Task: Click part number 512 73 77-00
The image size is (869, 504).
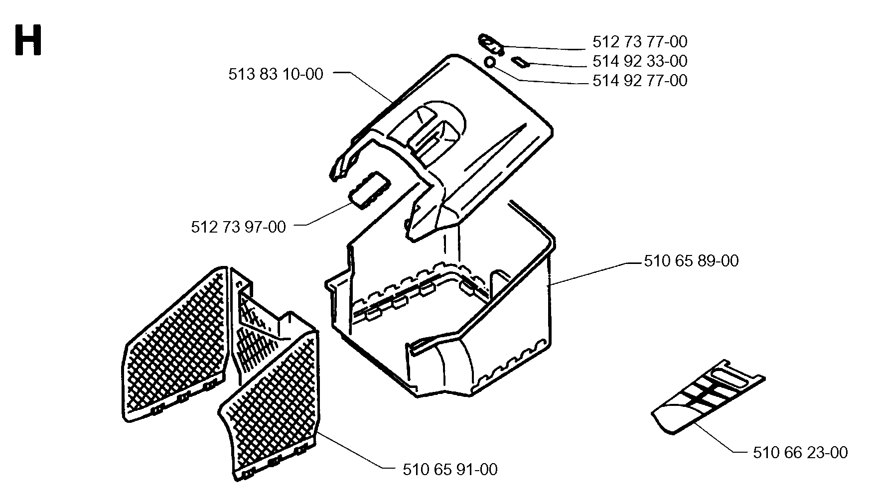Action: [x=640, y=41]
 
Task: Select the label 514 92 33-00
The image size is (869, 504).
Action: [x=640, y=61]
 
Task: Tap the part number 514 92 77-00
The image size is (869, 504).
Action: [x=640, y=81]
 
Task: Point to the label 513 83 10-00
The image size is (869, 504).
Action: [x=276, y=74]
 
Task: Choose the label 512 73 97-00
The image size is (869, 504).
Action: [x=239, y=227]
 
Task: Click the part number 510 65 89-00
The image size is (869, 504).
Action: [x=691, y=261]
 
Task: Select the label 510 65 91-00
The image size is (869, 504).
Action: [x=450, y=470]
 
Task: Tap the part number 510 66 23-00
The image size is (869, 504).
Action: [x=800, y=453]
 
